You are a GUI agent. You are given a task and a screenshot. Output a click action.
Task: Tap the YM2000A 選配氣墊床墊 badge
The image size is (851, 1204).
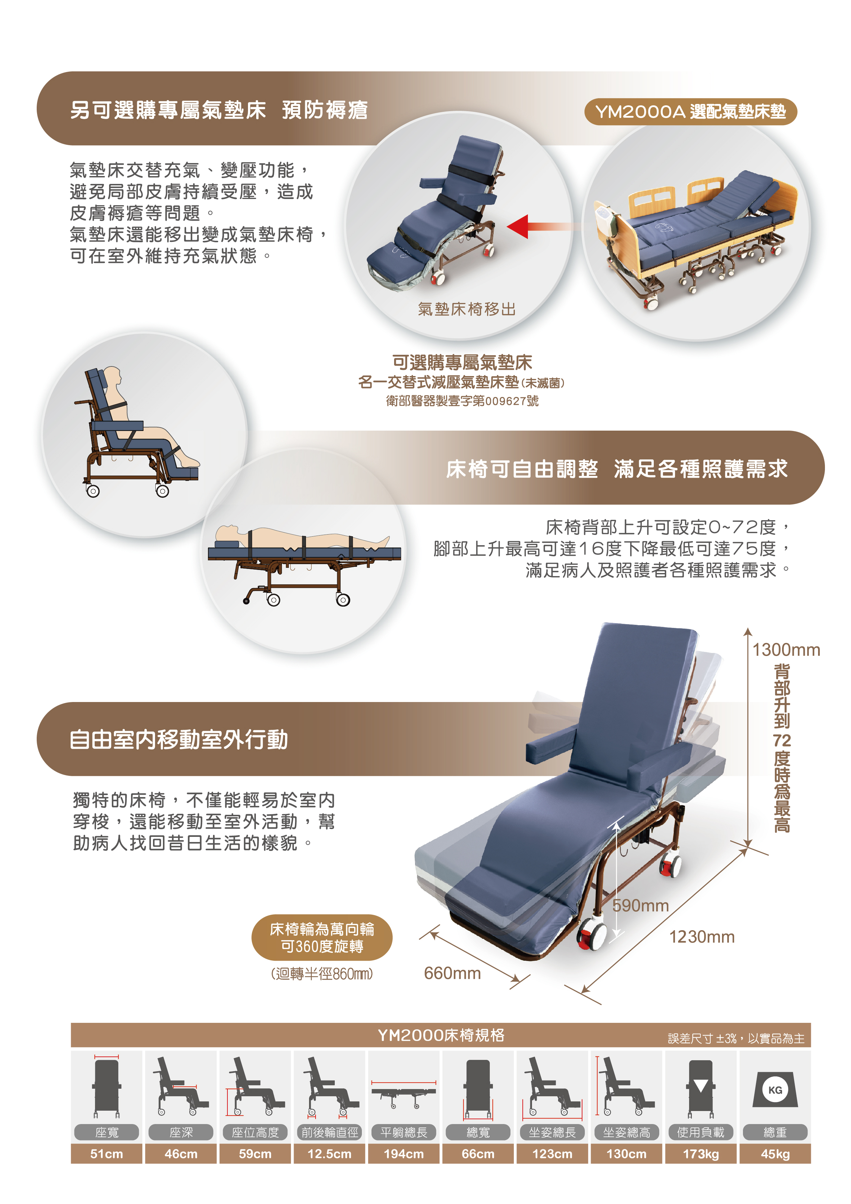pos(690,112)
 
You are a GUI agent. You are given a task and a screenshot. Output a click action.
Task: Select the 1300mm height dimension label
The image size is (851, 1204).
pos(786,650)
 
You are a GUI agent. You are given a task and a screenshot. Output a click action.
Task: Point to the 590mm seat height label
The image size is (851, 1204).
pos(641,905)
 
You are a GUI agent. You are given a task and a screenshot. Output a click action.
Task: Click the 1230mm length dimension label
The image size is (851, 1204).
pos(701,937)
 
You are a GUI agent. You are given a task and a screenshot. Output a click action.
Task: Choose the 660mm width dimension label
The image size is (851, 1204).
pos(452,973)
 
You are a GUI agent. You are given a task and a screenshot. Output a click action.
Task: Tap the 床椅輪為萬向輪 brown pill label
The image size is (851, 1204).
pos(322,938)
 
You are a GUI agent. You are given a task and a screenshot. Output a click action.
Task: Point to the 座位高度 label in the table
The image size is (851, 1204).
pos(255,1132)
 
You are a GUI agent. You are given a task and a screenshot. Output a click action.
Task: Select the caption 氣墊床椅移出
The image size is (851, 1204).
pos(466,309)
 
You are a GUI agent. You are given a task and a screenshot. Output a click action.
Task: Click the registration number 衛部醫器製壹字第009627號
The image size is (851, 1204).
pos(462,401)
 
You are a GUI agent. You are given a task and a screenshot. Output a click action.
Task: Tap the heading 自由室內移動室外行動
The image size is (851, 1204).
pos(179,740)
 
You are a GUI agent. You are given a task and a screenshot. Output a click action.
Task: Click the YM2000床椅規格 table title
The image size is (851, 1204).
pos(441,1035)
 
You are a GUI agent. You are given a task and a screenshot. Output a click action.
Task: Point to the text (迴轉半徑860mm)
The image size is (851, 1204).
pos(322,974)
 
